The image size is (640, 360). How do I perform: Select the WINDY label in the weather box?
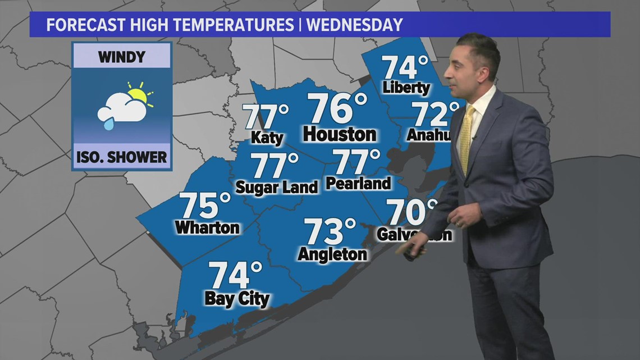point(122,57)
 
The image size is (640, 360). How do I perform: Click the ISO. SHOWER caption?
point(122,158)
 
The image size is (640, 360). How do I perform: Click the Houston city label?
point(339,135)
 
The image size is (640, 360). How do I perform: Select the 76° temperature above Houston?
point(337,109)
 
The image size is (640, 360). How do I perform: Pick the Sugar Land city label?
point(276,187)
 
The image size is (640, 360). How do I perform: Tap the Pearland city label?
point(358,184)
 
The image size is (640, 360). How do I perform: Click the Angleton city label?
point(332,254)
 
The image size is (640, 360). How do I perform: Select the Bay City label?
point(237,299)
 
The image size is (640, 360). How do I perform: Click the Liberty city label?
point(406,88)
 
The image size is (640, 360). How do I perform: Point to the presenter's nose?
point(460,65)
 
